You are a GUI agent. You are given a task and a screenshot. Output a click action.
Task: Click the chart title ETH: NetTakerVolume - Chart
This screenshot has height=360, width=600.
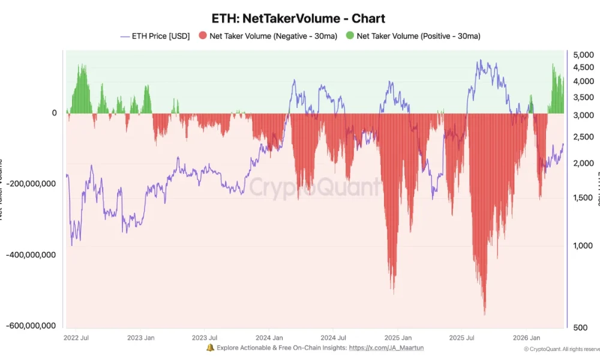pos(299,19)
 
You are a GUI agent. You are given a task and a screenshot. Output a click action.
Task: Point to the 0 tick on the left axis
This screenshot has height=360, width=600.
pos(54,113)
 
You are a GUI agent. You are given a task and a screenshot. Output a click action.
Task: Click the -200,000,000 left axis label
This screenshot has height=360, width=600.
pos(31,184)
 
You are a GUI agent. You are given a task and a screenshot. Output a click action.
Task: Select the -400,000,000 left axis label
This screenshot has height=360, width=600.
pos(31,254)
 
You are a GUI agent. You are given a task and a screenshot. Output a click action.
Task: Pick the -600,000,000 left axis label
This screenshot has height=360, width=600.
pos(31,325)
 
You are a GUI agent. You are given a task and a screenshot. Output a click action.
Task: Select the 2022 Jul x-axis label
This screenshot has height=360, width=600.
pos(77,338)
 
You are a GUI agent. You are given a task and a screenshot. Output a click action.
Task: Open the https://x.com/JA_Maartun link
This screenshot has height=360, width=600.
pos(386,348)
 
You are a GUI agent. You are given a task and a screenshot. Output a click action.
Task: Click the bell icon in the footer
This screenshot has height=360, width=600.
pos(210,348)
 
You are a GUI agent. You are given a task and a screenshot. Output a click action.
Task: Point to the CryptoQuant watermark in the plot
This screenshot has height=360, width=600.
pos(314,187)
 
